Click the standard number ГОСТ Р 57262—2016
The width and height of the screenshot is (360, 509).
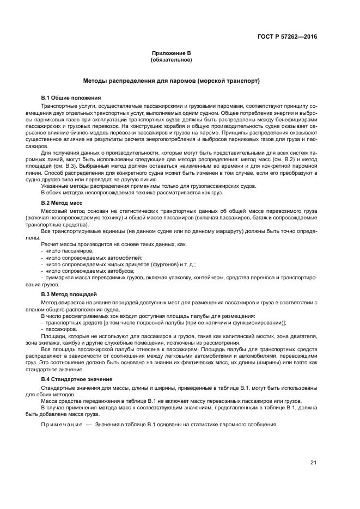pos(287,37)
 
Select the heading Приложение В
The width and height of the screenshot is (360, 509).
pos(172,53)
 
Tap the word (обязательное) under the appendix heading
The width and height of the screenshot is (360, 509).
pos(172,59)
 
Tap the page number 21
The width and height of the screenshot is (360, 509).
pos(314,463)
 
